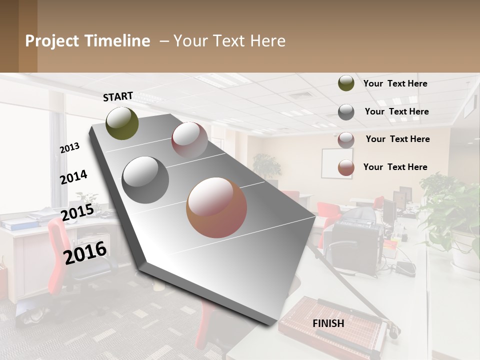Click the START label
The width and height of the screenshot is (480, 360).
point(118,96)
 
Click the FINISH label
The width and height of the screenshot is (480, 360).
point(328,323)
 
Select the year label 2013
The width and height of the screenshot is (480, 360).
point(70,148)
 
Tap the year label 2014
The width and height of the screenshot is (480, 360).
point(74,177)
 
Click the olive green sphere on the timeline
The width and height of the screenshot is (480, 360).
point(122,123)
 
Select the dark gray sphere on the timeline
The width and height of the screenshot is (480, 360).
point(145,180)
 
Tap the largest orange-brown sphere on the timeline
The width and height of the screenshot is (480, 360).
point(216,207)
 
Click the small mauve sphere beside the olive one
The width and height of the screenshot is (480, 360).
point(189,140)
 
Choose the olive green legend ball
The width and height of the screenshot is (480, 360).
point(346,83)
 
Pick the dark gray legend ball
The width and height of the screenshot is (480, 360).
point(346,112)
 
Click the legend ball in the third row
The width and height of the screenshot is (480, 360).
point(346,140)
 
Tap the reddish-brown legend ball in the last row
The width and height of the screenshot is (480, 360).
point(346,168)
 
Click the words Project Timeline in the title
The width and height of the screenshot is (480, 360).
point(87,41)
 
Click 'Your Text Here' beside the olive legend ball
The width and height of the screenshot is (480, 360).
point(395,83)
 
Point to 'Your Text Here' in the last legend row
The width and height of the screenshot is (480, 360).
point(395,167)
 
